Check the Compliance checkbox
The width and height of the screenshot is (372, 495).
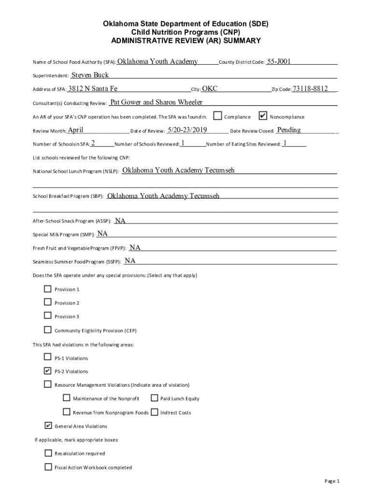point(217,116)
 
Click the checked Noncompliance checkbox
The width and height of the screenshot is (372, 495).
point(263,116)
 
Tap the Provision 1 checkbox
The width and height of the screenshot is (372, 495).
point(48,289)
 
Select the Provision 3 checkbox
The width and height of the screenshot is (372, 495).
point(48,316)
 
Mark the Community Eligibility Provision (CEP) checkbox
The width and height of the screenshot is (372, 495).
point(48,330)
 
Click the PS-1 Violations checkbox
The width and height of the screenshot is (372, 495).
point(48,357)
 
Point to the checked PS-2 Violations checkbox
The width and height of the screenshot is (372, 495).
point(48,371)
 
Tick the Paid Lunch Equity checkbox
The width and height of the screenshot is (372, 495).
point(154,398)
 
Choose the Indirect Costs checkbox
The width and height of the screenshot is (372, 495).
point(154,412)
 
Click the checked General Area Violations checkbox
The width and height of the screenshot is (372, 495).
point(48,425)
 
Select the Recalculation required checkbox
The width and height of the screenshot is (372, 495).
point(48,453)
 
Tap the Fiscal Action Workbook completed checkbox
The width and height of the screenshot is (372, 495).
point(48,467)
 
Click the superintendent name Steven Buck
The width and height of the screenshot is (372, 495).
point(90,75)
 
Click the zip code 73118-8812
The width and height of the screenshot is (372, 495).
point(311,88)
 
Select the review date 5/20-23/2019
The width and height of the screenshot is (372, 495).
point(187,130)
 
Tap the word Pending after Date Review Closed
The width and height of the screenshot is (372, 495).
point(289,130)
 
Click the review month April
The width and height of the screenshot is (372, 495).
point(76,130)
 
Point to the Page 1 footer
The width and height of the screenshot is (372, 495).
point(332,481)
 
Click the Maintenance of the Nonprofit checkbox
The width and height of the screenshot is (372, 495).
point(67,398)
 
